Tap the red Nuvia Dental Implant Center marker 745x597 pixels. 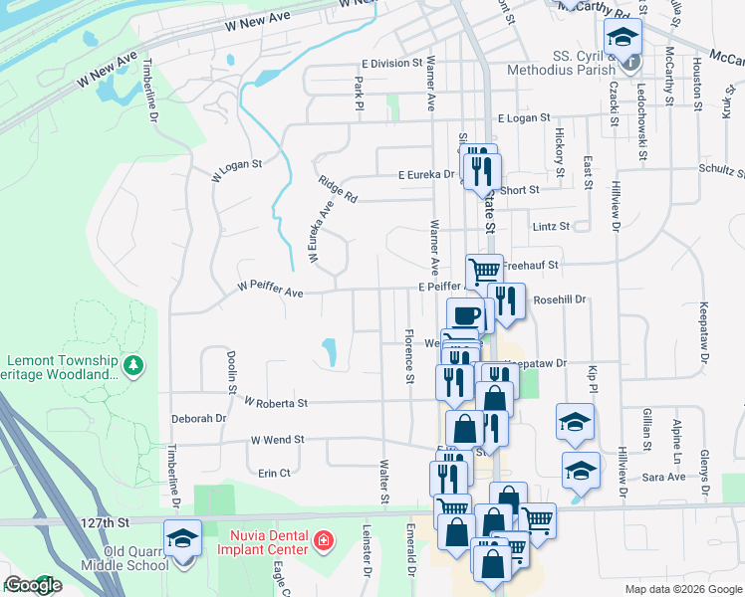pos(323,541)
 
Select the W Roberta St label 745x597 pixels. pos(276,403)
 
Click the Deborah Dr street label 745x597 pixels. pos(199,419)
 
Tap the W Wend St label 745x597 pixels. pos(277,439)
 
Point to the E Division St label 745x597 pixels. pos(392,64)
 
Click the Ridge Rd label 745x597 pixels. pos(338,189)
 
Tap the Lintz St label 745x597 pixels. pos(551,226)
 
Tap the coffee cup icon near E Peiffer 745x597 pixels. pos(465,316)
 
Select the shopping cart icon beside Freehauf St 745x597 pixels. pos(485,271)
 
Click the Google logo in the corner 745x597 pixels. pos(32,585)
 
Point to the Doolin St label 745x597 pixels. pos(230,367)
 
